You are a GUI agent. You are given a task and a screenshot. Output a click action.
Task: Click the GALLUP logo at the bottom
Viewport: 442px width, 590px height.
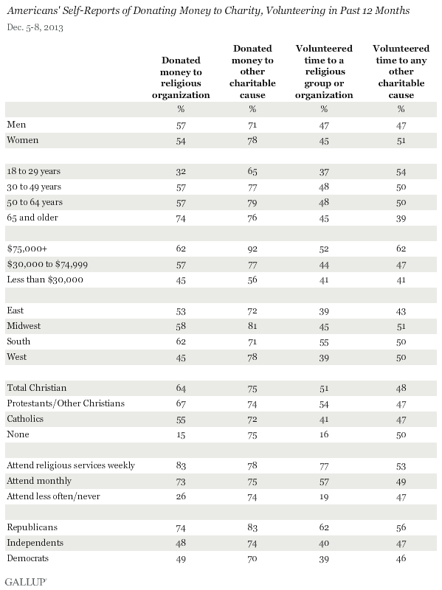(x=26, y=582)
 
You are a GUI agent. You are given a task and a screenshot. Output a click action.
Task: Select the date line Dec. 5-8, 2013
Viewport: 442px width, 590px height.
(x=35, y=27)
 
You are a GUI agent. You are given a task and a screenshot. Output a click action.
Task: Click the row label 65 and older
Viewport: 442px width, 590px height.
(x=32, y=218)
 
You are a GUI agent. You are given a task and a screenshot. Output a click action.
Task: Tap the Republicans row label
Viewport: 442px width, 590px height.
(x=32, y=527)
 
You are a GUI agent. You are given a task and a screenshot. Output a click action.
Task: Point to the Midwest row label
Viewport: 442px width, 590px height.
(x=24, y=326)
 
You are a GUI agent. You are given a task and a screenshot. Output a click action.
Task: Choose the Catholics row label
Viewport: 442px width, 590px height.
(x=25, y=419)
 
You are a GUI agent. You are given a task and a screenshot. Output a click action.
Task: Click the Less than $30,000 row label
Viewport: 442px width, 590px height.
(x=45, y=280)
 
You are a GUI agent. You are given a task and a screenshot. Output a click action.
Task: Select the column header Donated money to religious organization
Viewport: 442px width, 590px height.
(x=181, y=77)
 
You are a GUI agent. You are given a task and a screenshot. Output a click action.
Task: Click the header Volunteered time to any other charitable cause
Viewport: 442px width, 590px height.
(x=401, y=72)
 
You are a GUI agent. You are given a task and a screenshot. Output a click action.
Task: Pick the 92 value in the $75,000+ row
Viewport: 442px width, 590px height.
(x=252, y=249)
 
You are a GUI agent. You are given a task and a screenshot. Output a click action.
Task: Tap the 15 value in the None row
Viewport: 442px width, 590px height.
(x=181, y=435)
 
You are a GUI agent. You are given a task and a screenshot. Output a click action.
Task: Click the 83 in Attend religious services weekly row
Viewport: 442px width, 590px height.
(x=181, y=466)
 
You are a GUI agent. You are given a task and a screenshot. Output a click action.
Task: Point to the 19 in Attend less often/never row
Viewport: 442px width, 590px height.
(x=324, y=496)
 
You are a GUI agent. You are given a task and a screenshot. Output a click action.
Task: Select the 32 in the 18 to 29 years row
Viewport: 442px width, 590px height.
(x=181, y=172)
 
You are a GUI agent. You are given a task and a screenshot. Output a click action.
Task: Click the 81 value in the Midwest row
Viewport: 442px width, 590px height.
(x=252, y=326)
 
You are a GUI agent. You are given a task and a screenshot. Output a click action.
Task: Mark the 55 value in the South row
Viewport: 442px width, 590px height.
(x=324, y=342)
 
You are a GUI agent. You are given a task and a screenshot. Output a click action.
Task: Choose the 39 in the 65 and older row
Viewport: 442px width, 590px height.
(x=401, y=218)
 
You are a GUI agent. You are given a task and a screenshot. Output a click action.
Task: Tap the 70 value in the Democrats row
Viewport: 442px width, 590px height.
(x=252, y=559)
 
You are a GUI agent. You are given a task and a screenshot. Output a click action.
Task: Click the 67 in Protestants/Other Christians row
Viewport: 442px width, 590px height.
(x=181, y=404)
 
